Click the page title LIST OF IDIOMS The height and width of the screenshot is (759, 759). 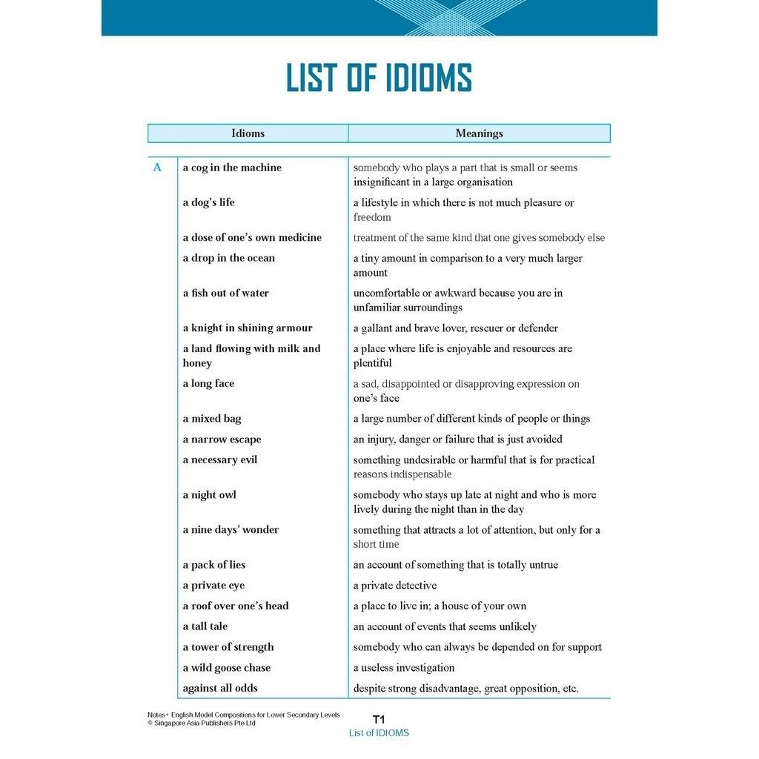pos(379,79)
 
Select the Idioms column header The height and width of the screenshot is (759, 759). pos(248,133)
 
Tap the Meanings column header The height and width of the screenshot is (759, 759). pos(479,133)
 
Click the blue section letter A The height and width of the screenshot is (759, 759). pos(157,168)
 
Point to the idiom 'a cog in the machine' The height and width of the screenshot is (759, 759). pos(232,168)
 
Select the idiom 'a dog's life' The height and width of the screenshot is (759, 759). pos(208,202)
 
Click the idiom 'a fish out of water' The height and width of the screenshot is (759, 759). pos(225,293)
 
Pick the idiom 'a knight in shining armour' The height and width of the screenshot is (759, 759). pos(248,328)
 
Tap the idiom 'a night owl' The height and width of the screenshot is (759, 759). pos(209,494)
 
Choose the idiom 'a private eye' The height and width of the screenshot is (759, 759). pos(213,585)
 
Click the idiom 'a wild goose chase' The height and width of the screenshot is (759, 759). pos(226,667)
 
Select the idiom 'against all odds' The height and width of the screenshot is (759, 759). pos(220,688)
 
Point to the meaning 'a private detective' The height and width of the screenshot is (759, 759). pos(395,585)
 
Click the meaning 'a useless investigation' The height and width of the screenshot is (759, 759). pos(404,667)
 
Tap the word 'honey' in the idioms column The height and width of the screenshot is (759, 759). pos(197,363)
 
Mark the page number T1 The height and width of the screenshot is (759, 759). pos(379,719)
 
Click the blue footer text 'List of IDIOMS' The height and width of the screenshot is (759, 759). pos(379,733)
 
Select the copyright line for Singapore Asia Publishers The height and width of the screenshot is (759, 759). pos(202,723)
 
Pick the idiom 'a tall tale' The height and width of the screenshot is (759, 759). pos(205,626)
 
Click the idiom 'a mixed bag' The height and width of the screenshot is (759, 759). pos(212,419)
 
